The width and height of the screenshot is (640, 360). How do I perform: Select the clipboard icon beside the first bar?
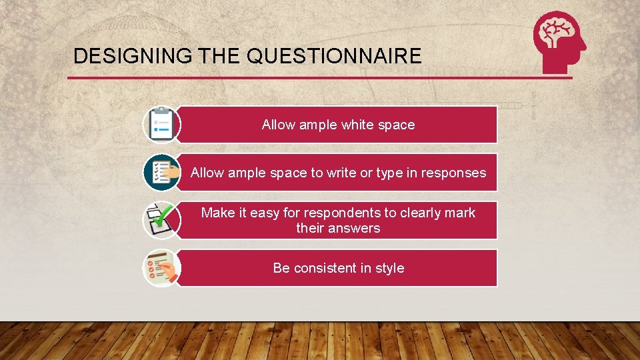(x=161, y=125)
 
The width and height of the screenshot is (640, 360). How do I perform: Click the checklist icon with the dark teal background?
(x=161, y=172)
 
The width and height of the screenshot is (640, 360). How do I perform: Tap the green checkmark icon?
(x=161, y=219)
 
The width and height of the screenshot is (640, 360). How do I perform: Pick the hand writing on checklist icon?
(x=161, y=268)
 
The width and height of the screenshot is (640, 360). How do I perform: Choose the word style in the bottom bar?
(x=390, y=268)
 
